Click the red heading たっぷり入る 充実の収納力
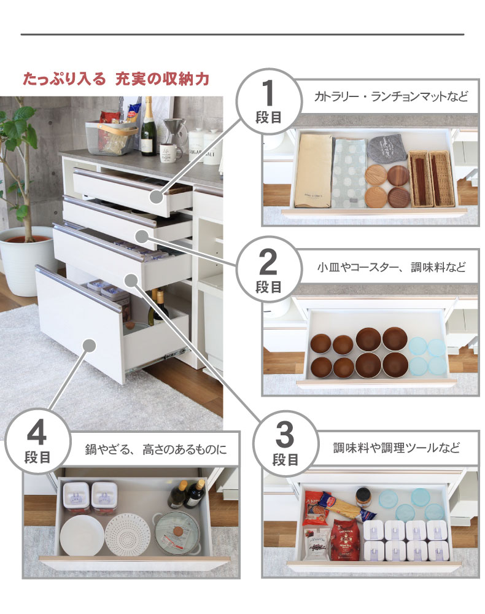pyautogui.click(x=116, y=79)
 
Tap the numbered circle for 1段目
pyautogui.click(x=268, y=101)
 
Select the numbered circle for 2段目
pyautogui.click(x=268, y=270)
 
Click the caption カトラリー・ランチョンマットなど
pyautogui.click(x=390, y=97)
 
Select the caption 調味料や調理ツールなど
pyautogui.click(x=396, y=447)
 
